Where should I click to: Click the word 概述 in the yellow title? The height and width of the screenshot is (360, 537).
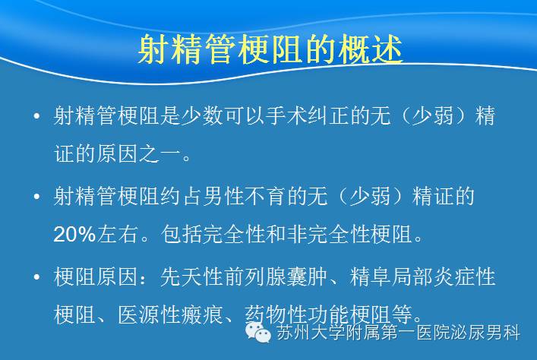(x=371, y=49)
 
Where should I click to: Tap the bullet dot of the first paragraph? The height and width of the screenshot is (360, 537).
(x=37, y=115)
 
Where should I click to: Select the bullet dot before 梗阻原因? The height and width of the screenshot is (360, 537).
(x=37, y=276)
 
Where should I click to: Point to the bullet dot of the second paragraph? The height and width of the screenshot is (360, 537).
(x=37, y=197)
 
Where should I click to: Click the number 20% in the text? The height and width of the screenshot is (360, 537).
(x=74, y=235)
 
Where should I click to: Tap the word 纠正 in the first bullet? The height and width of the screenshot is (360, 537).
(x=328, y=115)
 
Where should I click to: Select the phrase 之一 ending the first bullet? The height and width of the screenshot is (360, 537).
(x=160, y=153)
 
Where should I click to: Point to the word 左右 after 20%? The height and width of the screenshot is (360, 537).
(x=117, y=235)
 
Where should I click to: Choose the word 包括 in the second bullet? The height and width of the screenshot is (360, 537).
(x=182, y=235)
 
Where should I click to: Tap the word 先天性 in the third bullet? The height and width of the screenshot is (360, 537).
(x=191, y=276)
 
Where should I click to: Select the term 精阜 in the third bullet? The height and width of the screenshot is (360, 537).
(x=370, y=276)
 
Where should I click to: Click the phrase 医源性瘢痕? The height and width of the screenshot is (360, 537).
(x=170, y=314)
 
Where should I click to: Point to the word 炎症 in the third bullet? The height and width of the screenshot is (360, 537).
(x=454, y=276)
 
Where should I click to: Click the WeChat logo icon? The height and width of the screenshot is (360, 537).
(x=258, y=332)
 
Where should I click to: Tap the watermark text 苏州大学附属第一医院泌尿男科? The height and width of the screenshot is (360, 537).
(x=398, y=332)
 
